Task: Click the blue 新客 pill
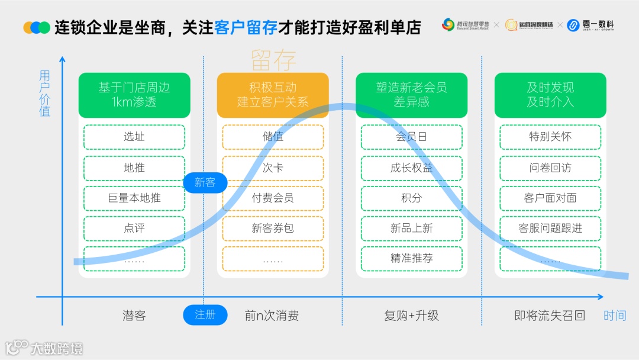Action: coord(205,182)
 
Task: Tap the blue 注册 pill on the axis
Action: coord(205,315)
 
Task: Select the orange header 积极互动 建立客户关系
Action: coord(273,95)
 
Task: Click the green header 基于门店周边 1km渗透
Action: coord(134,95)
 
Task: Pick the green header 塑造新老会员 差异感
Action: coord(411,95)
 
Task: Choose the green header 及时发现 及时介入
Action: coord(550,95)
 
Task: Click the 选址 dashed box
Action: coord(134,137)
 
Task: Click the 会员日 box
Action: coord(411,137)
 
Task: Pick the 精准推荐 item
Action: coord(411,259)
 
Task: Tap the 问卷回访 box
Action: coord(550,168)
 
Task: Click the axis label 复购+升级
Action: coord(411,316)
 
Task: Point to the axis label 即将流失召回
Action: coord(550,316)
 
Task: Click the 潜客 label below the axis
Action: coord(134,316)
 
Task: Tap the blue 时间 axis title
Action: coord(615,316)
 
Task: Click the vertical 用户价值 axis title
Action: coord(45,94)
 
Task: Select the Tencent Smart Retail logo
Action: coord(466,25)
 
